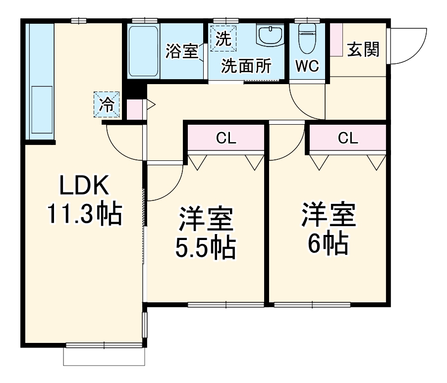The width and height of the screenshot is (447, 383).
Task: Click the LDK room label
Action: tap(84, 186)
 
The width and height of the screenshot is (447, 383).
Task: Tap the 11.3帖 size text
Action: tap(84, 214)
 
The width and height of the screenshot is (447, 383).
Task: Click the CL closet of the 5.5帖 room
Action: tap(225, 139)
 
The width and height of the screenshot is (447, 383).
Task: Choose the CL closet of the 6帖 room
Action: tap(348, 139)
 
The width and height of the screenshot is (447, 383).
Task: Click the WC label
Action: tap(307, 66)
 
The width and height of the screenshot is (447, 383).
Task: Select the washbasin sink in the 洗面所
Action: tap(270, 37)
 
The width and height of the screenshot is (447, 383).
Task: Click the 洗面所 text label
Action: tap(246, 66)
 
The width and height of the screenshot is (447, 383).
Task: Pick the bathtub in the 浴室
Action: tap(144, 51)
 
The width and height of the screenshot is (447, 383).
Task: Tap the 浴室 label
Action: tap(181, 51)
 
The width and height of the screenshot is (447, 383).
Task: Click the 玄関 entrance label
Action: tap(363, 49)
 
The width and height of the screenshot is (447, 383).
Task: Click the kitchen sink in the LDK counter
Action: tap(42, 110)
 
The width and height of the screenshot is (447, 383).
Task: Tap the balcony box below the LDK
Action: tap(105, 356)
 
